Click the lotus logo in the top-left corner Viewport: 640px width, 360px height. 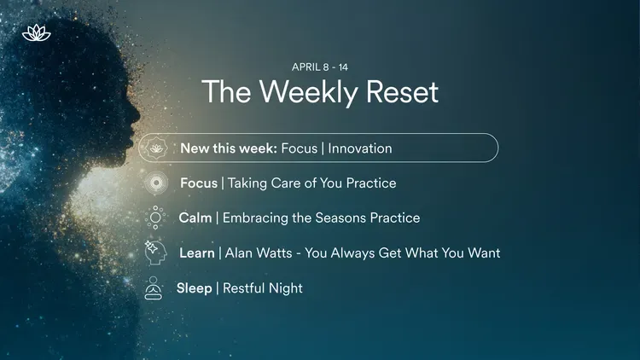[37, 33]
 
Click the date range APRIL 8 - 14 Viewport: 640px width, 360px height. [320, 67]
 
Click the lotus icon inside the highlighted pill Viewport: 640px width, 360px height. [156, 148]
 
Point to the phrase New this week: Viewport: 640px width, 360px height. [228, 148]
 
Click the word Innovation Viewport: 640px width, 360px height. [359, 148]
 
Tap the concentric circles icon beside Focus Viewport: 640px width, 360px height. [156, 183]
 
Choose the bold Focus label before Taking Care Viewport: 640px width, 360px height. [199, 183]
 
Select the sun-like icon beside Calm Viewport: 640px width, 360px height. [156, 218]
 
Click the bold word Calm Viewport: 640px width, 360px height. [195, 218]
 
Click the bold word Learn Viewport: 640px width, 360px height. [196, 253]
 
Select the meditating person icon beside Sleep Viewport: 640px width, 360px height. [154, 288]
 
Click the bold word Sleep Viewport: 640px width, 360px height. [195, 288]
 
